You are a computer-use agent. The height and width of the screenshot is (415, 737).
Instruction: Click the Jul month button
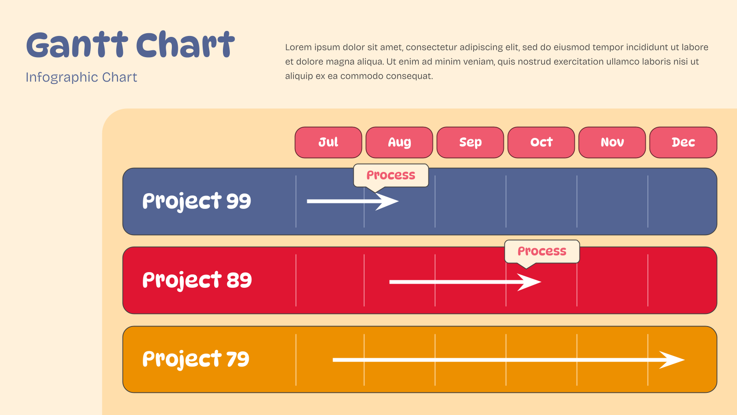click(x=328, y=142)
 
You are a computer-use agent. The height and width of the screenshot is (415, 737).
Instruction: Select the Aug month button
click(x=399, y=142)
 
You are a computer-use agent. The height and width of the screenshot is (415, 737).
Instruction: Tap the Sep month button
click(x=470, y=142)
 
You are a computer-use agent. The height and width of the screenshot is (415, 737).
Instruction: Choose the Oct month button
click(x=541, y=142)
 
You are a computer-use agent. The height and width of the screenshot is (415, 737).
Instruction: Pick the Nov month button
click(x=612, y=142)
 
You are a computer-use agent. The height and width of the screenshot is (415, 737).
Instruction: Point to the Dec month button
click(x=684, y=142)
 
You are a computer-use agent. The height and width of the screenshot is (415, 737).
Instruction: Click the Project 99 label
click(x=196, y=201)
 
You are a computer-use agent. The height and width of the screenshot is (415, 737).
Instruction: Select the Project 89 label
click(x=197, y=280)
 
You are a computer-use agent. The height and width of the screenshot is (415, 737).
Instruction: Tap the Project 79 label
click(x=196, y=359)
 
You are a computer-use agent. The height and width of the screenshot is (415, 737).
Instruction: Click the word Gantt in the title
click(x=77, y=45)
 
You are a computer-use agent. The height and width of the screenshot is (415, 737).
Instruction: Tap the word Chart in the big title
click(x=185, y=45)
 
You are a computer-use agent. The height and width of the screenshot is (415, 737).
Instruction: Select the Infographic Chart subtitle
click(x=81, y=77)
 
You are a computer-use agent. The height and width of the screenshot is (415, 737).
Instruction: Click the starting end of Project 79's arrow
click(x=333, y=360)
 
